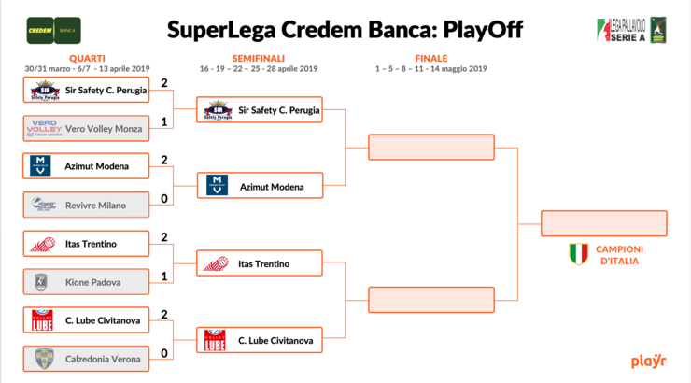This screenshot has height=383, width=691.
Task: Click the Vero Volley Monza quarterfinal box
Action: [x=86, y=128]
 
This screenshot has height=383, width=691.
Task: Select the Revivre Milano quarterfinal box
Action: [x=86, y=205]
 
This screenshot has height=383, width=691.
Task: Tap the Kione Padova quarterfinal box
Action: [x=86, y=281]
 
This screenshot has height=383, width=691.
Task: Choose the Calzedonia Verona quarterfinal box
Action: [x=86, y=359]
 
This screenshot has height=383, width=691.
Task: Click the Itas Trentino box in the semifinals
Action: [x=260, y=263]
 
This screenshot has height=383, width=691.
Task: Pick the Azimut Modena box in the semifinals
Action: [x=260, y=187]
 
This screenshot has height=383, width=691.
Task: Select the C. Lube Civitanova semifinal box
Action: [x=260, y=340]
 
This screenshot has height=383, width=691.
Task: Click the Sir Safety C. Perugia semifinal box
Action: [x=260, y=110]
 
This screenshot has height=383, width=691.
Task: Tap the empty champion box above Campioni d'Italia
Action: [x=603, y=223]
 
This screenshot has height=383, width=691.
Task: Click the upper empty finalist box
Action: [x=430, y=148]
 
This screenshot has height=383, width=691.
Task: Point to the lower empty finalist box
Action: [x=430, y=300]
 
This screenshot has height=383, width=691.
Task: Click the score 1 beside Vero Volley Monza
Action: [x=163, y=121]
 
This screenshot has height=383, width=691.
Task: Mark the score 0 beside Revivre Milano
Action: [x=163, y=198]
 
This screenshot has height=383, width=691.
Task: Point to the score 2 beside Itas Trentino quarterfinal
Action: [x=163, y=236]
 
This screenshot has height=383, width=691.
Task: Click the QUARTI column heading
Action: [x=87, y=58]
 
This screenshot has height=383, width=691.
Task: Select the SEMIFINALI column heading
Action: [x=259, y=58]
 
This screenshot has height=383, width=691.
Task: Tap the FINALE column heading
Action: [x=430, y=58]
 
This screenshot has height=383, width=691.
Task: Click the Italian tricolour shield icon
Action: [x=579, y=253]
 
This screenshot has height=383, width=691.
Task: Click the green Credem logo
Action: [x=39, y=29]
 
